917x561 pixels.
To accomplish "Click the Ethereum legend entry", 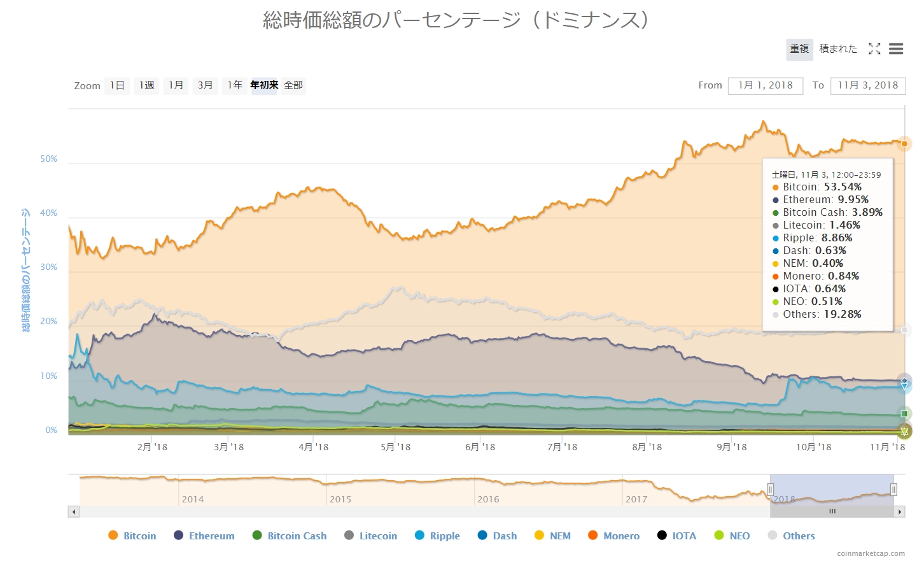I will click(204, 536).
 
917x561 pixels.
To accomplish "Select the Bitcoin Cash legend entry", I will click(290, 536).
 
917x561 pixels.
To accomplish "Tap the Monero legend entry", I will click(614, 536).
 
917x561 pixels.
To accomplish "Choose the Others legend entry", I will click(792, 536).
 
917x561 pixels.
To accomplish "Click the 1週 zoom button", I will click(147, 85).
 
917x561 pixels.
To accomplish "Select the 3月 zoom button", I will click(205, 85).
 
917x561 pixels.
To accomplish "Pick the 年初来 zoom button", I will click(264, 85).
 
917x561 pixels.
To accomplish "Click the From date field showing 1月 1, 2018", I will click(765, 85).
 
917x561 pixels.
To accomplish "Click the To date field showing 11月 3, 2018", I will click(867, 85).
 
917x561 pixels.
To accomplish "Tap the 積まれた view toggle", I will click(838, 49).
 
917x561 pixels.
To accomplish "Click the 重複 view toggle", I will click(799, 49).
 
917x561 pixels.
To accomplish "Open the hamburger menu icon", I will click(896, 49).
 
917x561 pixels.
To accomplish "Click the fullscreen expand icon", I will click(874, 49).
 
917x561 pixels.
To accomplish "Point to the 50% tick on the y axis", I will click(49, 159).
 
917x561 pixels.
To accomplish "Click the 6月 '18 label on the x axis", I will click(480, 447).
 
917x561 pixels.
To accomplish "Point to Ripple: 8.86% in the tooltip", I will click(817, 238).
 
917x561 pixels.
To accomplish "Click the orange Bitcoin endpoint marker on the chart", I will click(904, 144).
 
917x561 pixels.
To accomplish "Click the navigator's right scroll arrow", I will click(900, 511).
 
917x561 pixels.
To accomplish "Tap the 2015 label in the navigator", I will click(340, 499).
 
